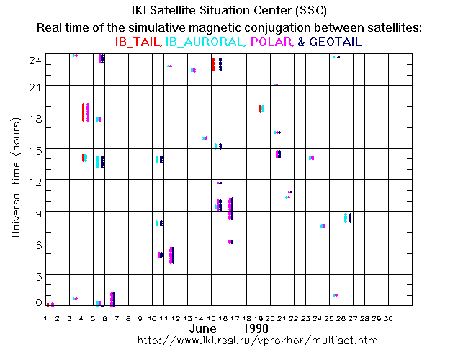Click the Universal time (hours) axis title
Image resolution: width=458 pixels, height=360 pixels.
15,179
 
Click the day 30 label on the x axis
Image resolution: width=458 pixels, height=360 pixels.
390,318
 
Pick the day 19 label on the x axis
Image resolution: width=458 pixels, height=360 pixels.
259,318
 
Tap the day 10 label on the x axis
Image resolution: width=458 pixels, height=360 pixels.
153,318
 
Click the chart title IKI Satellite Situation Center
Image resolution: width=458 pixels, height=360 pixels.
228,12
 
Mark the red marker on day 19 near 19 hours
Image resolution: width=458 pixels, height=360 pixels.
259,109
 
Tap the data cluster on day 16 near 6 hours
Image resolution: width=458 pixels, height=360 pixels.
230,242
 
